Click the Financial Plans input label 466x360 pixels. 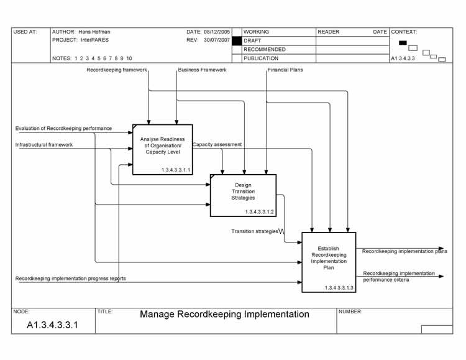pyautogui.click(x=285, y=70)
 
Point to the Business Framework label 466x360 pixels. pyautogui.click(x=202, y=70)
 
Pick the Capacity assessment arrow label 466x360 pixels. pyautogui.click(x=217, y=145)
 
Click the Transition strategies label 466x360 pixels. pyautogui.click(x=255, y=231)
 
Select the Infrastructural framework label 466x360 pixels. pyautogui.click(x=44, y=145)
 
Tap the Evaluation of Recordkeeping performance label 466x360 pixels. pyautogui.click(x=63, y=129)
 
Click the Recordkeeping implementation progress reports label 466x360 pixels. pyautogui.click(x=70, y=279)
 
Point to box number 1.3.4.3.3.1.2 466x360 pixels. pyautogui.click(x=259, y=212)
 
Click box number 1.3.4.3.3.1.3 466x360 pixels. pyautogui.click(x=339, y=288)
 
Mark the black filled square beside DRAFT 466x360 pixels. pyautogui.click(x=236, y=40)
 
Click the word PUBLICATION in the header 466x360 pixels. pyautogui.click(x=261, y=58)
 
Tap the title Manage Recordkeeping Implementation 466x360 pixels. pyautogui.click(x=224, y=315)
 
